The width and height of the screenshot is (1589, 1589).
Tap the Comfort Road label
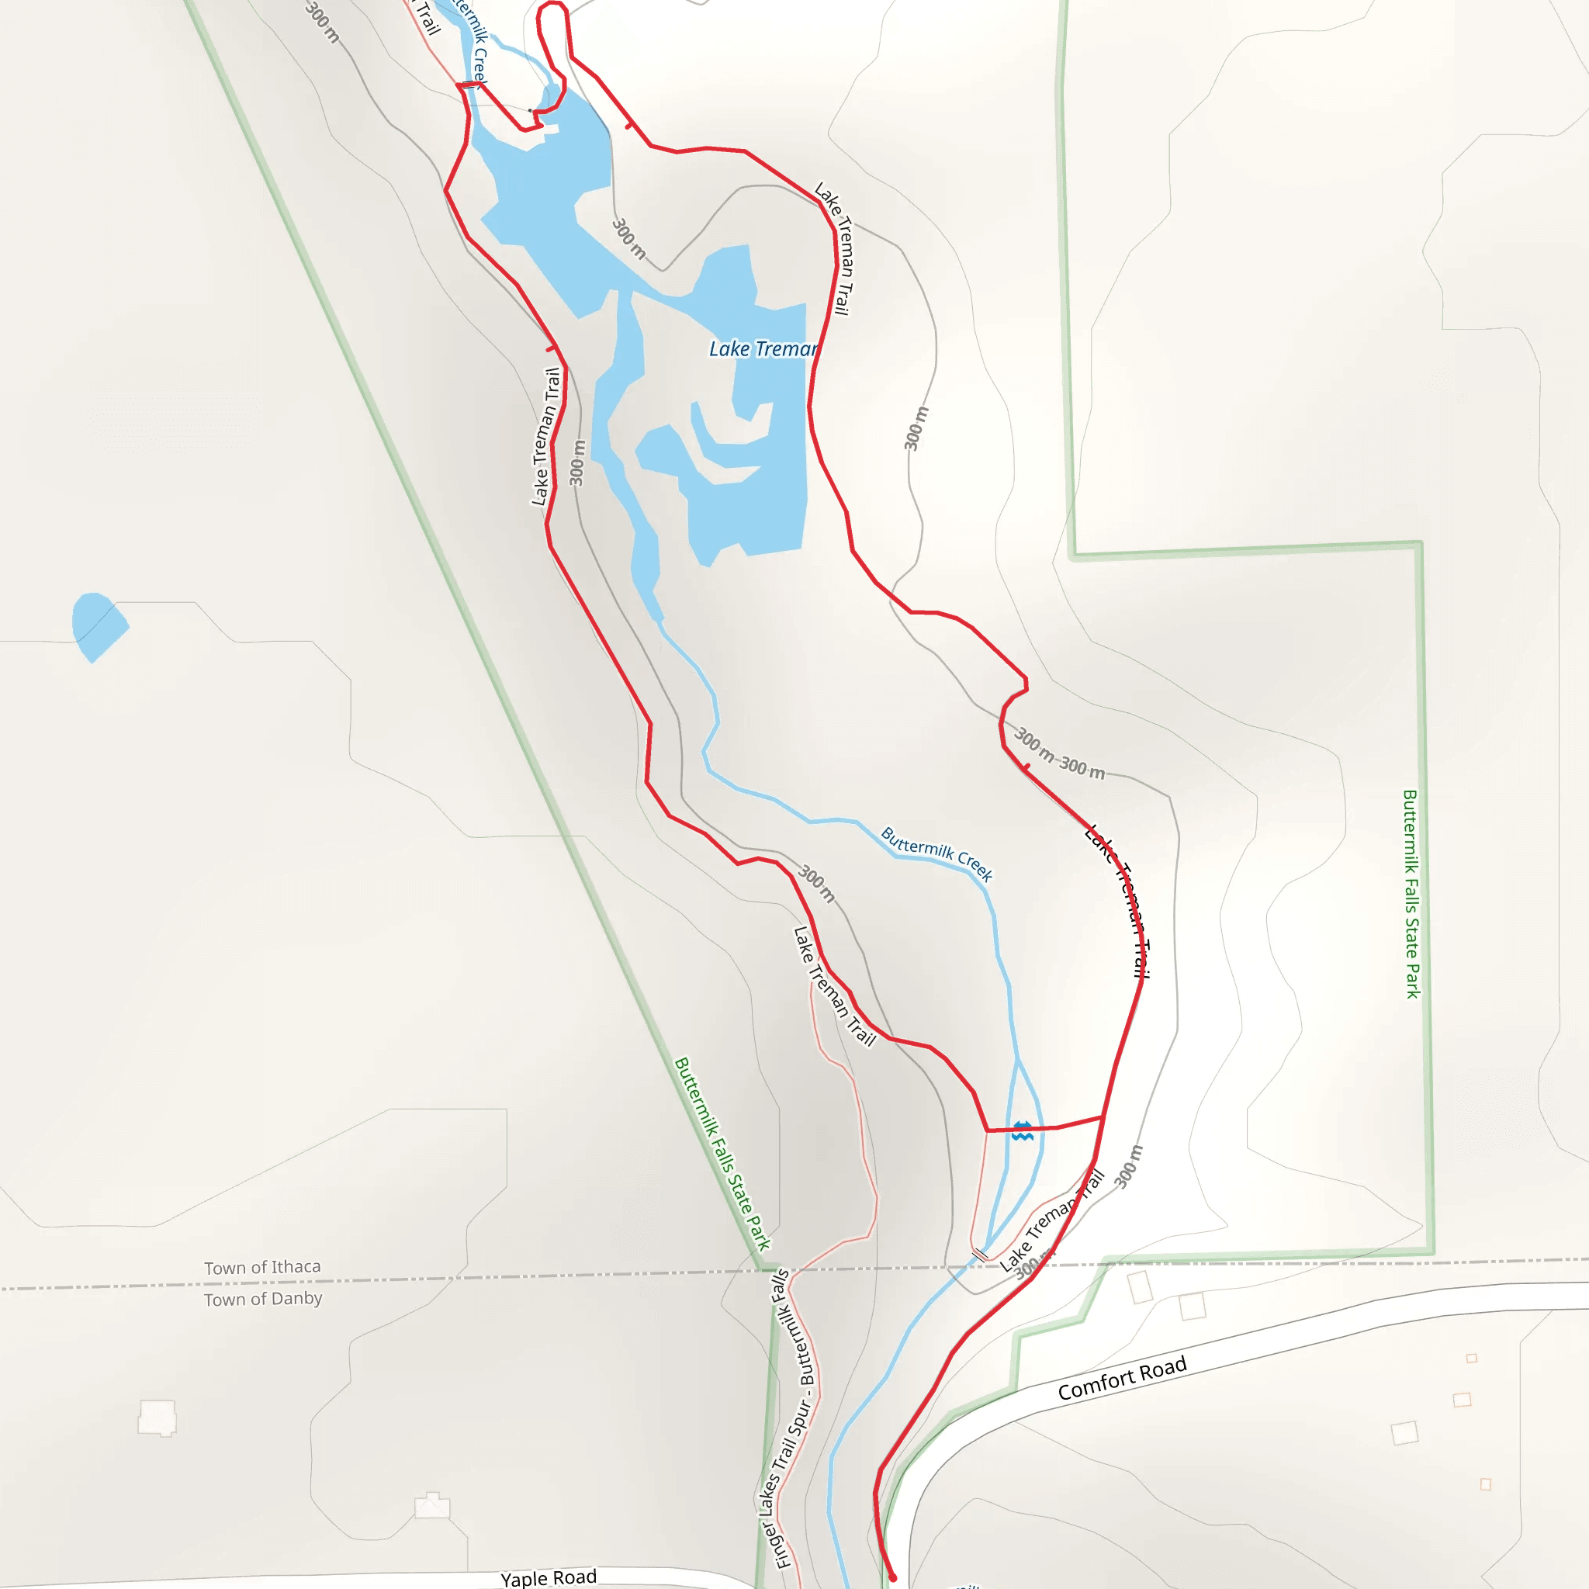pos(1122,1379)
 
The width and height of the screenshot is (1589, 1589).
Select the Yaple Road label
pos(549,1577)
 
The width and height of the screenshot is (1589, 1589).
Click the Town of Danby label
pos(263,1300)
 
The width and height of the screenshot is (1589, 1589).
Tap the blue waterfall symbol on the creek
pos(1023,1131)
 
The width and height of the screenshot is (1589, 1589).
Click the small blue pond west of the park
pos(97,625)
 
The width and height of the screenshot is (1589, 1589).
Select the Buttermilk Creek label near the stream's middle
pos(936,853)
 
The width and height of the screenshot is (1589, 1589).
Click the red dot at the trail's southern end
pos(892,1577)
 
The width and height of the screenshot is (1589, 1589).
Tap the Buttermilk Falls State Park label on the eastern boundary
pos(1411,894)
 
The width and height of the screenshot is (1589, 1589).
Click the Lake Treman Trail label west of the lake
pos(545,436)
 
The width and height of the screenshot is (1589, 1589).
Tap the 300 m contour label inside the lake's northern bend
pos(629,238)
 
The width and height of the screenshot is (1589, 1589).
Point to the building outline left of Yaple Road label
pos(432,1505)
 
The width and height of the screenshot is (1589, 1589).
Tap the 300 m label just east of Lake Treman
pos(916,428)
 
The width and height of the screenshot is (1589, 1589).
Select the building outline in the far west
pos(157,1417)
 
